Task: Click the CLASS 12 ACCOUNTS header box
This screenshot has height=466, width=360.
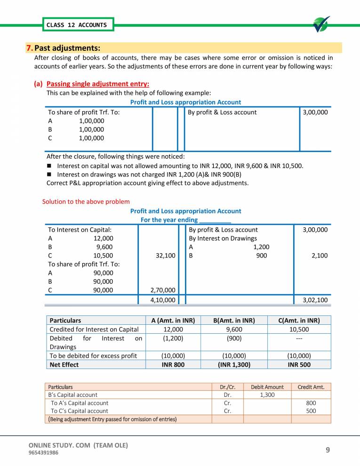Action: [77, 25]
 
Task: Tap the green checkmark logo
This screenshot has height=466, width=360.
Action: [321, 24]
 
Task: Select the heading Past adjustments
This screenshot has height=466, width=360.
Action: [67, 48]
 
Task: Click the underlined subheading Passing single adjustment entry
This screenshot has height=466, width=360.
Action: [98, 84]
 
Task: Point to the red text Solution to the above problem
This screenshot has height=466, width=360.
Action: [86, 201]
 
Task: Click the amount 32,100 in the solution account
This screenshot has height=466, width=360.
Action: [165, 256]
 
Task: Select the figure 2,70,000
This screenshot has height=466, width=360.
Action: [163, 290]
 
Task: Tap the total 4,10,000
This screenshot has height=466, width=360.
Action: [163, 300]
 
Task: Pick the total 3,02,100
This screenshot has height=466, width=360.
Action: [315, 300]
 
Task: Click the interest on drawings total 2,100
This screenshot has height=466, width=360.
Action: [320, 256]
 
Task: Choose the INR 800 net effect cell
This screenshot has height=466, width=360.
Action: [173, 364]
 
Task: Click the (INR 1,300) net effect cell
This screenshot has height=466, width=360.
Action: [234, 364]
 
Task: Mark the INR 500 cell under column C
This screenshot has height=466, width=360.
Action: [299, 364]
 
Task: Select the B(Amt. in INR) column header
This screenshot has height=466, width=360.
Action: [234, 320]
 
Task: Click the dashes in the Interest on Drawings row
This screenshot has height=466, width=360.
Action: [299, 338]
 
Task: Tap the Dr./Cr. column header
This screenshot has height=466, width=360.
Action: [228, 387]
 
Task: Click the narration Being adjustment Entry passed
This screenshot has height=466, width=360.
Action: [113, 419]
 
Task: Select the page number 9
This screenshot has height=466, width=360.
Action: [328, 450]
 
